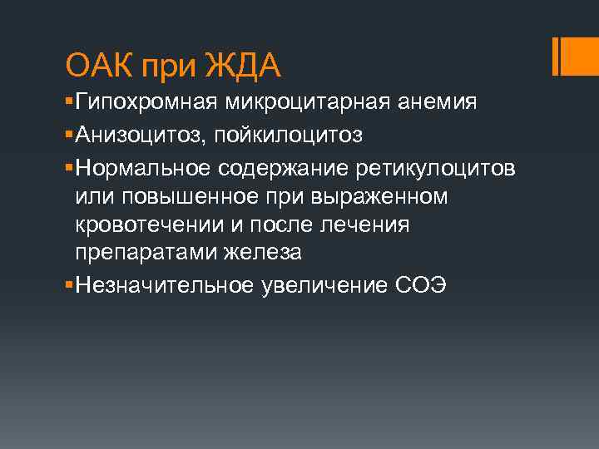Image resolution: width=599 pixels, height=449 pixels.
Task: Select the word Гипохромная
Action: point(146,102)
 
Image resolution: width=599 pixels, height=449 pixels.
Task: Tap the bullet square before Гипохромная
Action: point(68,103)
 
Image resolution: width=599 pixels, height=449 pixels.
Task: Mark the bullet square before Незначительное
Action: point(68,287)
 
